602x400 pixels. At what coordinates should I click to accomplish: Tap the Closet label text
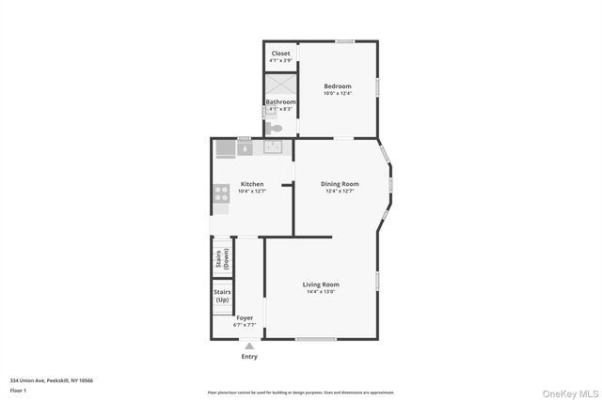[280, 54]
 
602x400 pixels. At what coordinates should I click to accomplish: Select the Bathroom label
[280, 101]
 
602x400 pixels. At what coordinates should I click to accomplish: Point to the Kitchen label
[251, 184]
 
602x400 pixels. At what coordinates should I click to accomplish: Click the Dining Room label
[340, 184]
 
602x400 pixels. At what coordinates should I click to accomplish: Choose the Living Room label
[320, 285]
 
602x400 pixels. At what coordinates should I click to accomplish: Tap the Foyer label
[245, 318]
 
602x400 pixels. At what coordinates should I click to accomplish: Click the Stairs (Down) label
[222, 259]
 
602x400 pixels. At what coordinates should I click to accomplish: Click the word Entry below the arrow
[249, 357]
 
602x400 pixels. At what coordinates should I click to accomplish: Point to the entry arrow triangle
[249, 346]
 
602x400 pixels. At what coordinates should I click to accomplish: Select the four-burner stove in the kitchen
[223, 194]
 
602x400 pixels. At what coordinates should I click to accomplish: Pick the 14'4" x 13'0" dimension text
[320, 292]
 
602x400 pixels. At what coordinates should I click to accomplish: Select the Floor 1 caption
[18, 390]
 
